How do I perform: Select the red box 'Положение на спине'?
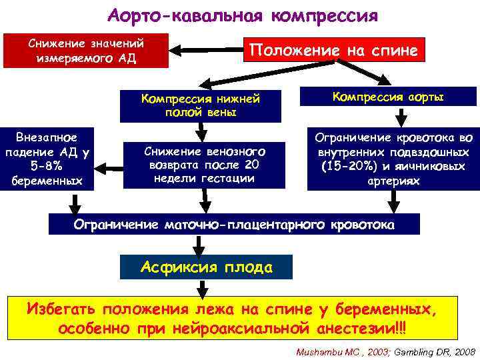[x=333, y=50]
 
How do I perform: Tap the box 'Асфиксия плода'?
[x=207, y=268]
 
